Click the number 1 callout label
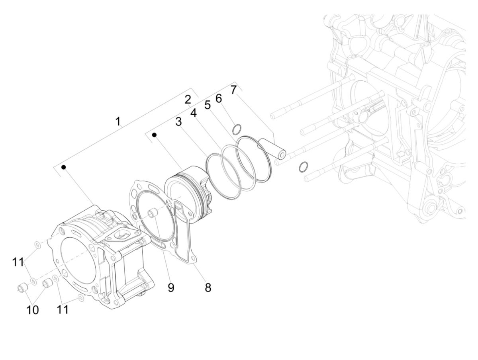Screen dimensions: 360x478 pyautogui.click(x=118, y=121)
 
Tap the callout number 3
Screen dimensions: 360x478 pyautogui.click(x=179, y=121)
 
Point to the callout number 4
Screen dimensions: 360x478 pyautogui.click(x=194, y=113)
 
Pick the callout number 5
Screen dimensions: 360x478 pyautogui.click(x=208, y=105)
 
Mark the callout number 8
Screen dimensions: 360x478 pyautogui.click(x=208, y=288)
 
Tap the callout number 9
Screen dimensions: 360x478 pyautogui.click(x=171, y=288)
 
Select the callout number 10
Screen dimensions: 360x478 pyautogui.click(x=33, y=310)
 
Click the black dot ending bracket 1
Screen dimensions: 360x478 pyautogui.click(x=63, y=167)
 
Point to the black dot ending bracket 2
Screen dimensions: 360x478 pyautogui.click(x=154, y=135)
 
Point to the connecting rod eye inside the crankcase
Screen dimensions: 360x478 pyautogui.click(x=363, y=117)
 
